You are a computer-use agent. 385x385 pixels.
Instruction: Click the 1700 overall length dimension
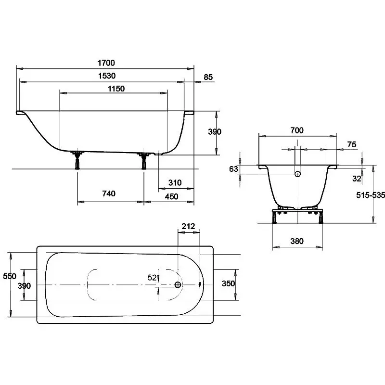tap(106, 63)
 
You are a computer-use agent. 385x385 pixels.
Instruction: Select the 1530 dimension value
tap(107, 76)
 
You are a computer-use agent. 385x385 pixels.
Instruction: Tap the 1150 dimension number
tap(116, 89)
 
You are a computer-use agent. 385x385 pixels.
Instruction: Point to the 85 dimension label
tap(208, 77)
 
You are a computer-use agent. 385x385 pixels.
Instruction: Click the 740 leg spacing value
tap(109, 193)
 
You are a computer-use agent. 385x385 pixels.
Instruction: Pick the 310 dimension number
tap(175, 182)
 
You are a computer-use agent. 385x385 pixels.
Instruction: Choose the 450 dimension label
tap(171, 196)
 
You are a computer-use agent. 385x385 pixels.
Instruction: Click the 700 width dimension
tap(297, 130)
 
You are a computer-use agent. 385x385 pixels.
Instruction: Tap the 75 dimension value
tap(352, 144)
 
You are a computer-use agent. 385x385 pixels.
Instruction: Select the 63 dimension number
tap(233, 169)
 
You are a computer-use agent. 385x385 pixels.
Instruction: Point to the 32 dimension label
tap(357, 179)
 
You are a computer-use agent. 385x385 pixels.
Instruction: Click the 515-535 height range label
tap(371, 195)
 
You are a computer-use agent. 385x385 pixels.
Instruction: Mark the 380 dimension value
tap(297, 241)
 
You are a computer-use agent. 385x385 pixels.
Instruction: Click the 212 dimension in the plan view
tap(188, 226)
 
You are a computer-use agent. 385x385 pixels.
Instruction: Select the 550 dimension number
tap(10, 276)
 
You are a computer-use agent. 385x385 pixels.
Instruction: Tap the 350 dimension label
tap(228, 283)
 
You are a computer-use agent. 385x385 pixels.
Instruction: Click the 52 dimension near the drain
tap(152, 278)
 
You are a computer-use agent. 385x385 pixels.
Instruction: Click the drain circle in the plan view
tap(178, 285)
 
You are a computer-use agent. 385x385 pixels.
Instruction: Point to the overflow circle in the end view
tap(297, 174)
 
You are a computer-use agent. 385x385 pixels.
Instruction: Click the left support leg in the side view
tap(77, 160)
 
